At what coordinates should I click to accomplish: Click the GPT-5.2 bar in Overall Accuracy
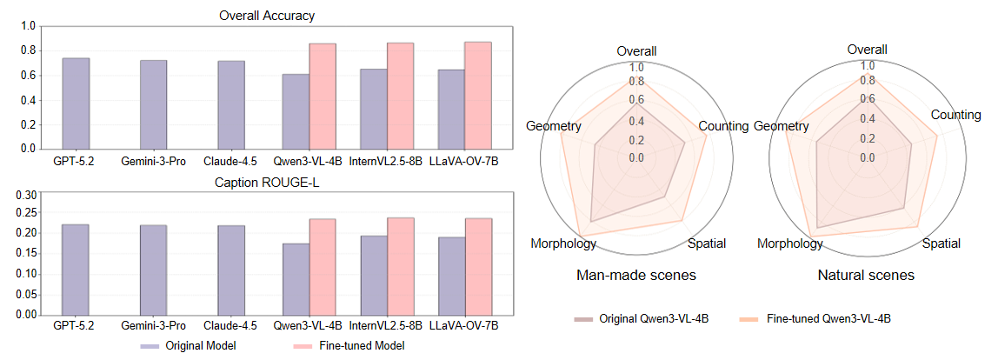click(x=76, y=103)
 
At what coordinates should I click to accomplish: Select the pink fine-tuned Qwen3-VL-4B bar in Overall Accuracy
click(x=323, y=97)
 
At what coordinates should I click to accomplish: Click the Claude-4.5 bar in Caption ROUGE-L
click(x=231, y=270)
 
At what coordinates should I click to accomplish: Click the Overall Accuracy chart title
click(x=267, y=16)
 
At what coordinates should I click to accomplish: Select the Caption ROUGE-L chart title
click(x=267, y=183)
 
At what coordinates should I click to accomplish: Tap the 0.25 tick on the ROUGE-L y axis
click(x=26, y=213)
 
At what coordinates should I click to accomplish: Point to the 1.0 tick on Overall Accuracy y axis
click(x=29, y=26)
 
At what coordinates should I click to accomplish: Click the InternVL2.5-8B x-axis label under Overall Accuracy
click(x=386, y=160)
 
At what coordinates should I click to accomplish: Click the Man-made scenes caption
click(x=636, y=276)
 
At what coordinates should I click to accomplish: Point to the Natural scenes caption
click(x=866, y=276)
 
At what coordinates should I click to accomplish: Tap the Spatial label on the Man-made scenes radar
click(x=706, y=243)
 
